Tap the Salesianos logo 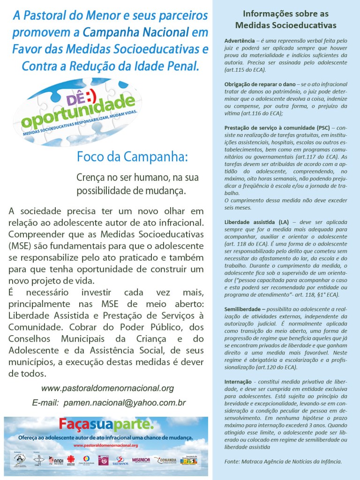click(120, 460)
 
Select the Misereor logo click(141, 460)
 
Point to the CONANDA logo click(166, 460)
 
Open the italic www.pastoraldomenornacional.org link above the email click(107, 389)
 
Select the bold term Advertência click(239, 41)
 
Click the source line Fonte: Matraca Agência click(283, 462)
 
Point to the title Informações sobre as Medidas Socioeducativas click(286, 19)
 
